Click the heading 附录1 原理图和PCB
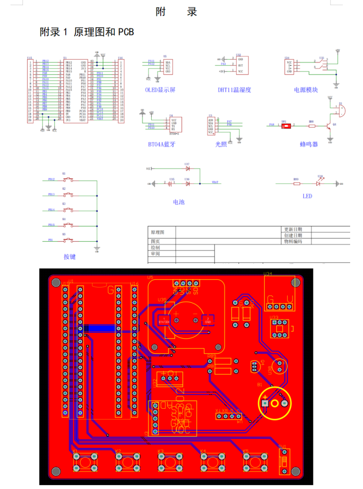(x=87, y=32)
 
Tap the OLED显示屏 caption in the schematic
(x=160, y=90)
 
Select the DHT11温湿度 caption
(x=234, y=90)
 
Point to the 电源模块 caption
(x=306, y=90)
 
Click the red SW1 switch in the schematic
(x=284, y=125)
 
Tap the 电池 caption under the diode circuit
(x=178, y=202)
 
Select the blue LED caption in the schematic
(x=307, y=196)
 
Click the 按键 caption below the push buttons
(x=70, y=256)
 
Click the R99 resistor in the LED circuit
(x=296, y=183)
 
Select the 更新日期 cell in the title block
(x=293, y=229)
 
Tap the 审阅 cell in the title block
(x=156, y=254)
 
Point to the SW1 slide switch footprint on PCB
(x=284, y=461)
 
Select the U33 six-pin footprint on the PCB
(x=278, y=328)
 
